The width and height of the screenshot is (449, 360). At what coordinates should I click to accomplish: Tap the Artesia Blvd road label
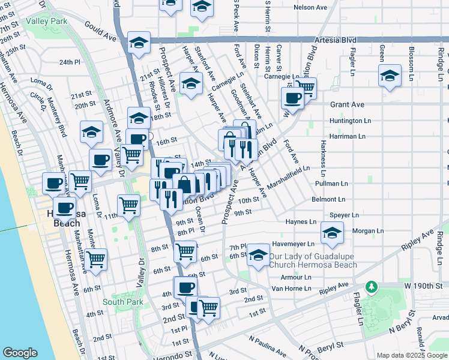335,41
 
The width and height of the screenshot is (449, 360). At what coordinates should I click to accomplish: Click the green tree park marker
372,287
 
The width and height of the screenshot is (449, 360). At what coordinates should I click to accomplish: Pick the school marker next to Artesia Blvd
139,43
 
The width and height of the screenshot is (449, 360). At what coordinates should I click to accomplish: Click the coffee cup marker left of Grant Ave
293,98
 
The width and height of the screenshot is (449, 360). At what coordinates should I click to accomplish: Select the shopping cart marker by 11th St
129,205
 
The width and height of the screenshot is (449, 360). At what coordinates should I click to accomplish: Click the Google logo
20,353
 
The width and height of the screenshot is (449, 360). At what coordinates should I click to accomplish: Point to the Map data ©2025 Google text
411,355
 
